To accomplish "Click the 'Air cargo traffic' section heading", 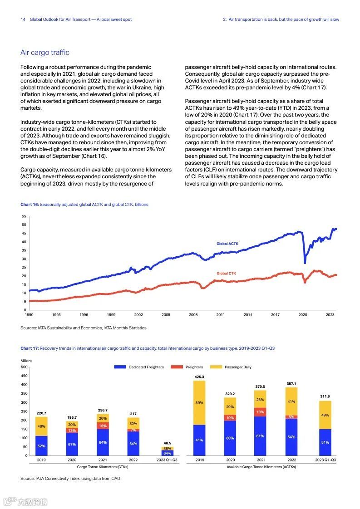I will (x=45, y=53).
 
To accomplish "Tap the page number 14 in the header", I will (x=23, y=20).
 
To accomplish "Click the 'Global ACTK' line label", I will (x=227, y=244).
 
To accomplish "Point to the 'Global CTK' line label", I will (x=226, y=274).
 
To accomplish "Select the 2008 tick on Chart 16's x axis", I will (x=193, y=314).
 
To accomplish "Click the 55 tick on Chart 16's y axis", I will (x=24, y=216).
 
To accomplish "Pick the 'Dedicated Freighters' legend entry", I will (x=146, y=367).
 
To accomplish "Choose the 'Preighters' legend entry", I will (x=194, y=367).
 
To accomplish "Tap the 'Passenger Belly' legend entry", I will (x=238, y=367).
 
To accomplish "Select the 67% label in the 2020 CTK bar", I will (x=72, y=445).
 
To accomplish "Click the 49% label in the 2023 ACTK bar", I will (x=325, y=416).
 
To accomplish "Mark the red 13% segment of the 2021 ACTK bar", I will (x=260, y=412).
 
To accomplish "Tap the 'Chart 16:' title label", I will (x=30, y=205).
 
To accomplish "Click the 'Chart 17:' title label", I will (x=30, y=348).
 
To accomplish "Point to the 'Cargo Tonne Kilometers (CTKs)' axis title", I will (x=102, y=467).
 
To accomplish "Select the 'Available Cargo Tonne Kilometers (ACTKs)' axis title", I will (x=261, y=467).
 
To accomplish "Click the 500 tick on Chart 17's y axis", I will (x=24, y=367).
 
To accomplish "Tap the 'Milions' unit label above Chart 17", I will (x=26, y=361).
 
